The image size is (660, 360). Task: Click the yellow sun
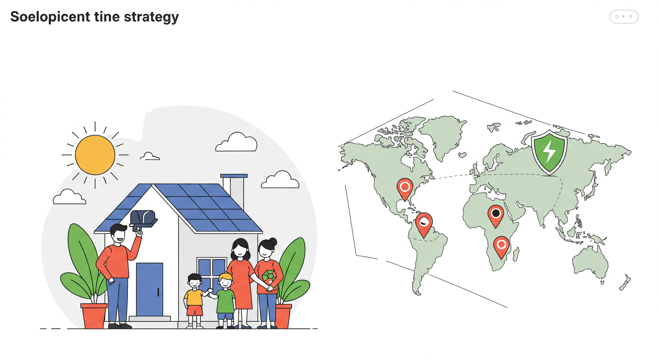coord(95,155)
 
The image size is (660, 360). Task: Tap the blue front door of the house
coord(150,289)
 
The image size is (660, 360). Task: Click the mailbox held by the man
coord(142,219)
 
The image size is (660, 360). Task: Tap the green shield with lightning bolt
coord(549,151)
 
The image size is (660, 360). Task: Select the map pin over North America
coord(405,188)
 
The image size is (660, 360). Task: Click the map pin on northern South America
coord(424,223)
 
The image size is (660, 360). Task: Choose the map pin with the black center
coord(495,215)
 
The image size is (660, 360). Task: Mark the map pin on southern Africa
coord(501,246)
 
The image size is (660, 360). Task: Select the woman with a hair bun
coord(268,277)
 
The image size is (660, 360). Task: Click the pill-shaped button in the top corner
coord(624,17)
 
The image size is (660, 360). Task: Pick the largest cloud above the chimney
coord(237,142)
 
